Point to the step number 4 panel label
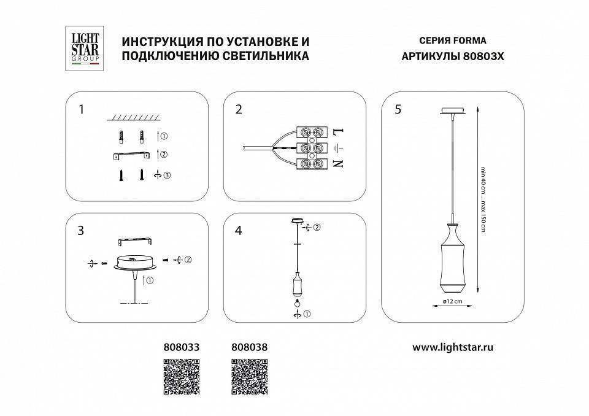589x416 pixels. tap(239, 231)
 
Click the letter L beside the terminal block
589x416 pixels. tap(337, 132)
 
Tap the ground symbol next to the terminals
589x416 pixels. tap(337, 148)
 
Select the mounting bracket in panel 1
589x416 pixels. tap(132, 155)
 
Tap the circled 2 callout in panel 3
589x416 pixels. tap(188, 260)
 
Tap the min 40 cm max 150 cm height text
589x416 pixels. tap(483, 200)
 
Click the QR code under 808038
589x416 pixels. tap(250, 376)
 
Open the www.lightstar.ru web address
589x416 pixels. tap(453, 347)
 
